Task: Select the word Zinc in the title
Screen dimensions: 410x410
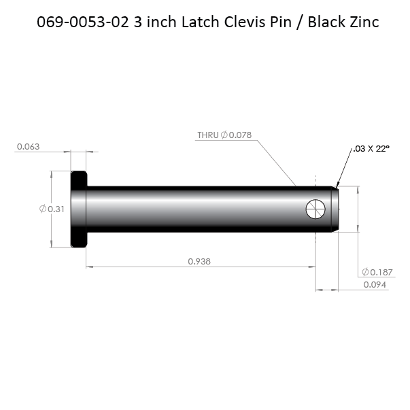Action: tap(360, 22)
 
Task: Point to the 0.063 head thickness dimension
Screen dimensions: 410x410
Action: tap(28, 146)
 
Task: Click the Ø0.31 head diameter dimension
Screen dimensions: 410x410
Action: tap(52, 209)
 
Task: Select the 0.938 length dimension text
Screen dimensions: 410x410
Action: tap(199, 260)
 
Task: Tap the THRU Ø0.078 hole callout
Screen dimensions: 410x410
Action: tap(224, 135)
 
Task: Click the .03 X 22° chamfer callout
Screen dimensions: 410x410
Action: tap(372, 148)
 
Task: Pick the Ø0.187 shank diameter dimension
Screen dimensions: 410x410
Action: tap(378, 272)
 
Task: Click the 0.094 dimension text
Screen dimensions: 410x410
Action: tap(375, 285)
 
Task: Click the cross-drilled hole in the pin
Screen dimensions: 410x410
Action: tap(316, 209)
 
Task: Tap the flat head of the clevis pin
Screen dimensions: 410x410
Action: tap(78, 209)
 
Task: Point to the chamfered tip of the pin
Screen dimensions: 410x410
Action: tap(335, 209)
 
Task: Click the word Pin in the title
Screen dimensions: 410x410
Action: tap(281, 22)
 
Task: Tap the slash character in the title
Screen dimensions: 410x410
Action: tap(300, 22)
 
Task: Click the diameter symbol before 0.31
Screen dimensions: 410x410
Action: tap(43, 209)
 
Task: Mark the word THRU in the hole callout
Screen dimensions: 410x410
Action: tap(207, 135)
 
